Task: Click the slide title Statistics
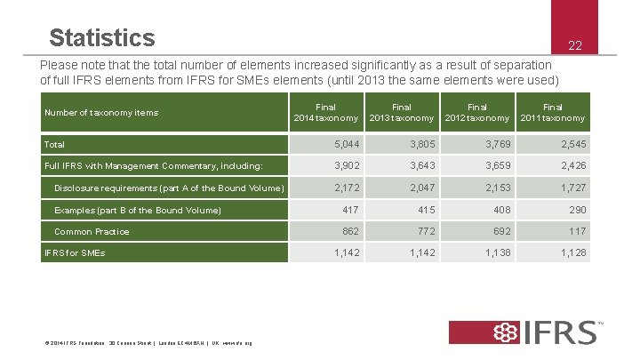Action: pos(102,38)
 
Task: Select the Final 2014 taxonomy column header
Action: pos(325,113)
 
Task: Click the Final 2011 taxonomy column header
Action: pos(552,113)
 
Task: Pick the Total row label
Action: pos(55,144)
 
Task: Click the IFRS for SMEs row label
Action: pos(75,253)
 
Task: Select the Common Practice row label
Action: pos(92,231)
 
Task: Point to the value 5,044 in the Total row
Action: pos(348,144)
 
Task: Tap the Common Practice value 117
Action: pos(576,231)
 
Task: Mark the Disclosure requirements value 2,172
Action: pos(348,188)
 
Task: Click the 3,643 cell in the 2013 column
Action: pos(421,165)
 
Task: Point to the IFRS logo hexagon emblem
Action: pos(508,332)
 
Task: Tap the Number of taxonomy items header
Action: pos(101,113)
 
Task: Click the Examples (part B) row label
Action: pos(138,210)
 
